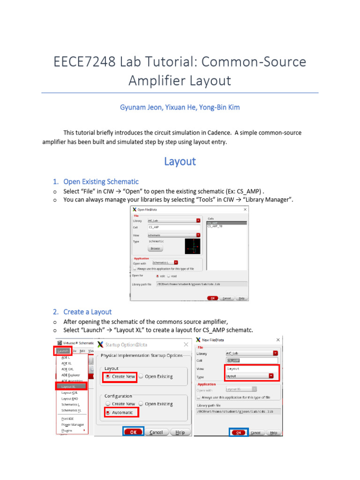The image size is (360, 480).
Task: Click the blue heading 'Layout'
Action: pos(180,161)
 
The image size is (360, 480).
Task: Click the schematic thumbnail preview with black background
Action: pos(192,246)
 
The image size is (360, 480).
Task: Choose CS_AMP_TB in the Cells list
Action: pos(215,226)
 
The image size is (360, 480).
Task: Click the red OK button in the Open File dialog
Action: pos(212,298)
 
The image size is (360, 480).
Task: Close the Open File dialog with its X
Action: pos(245,210)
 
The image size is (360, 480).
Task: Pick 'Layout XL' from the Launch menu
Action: pos(71,386)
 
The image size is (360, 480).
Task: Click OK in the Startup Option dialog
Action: pos(133,432)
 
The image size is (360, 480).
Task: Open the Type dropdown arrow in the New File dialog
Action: pos(271,375)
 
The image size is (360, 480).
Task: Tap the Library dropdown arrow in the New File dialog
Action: pos(275,353)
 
